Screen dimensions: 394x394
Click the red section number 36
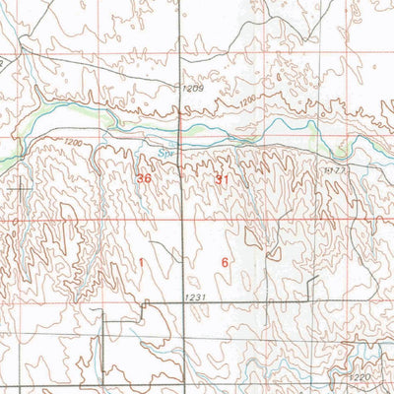click(x=145, y=178)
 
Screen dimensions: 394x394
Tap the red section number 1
click(x=141, y=262)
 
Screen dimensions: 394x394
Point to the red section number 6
click(x=226, y=262)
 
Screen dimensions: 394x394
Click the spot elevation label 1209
click(x=192, y=89)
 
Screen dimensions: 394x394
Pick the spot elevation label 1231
click(x=195, y=297)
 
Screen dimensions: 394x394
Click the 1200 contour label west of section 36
click(x=71, y=144)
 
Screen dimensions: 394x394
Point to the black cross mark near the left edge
click(x=22, y=183)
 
